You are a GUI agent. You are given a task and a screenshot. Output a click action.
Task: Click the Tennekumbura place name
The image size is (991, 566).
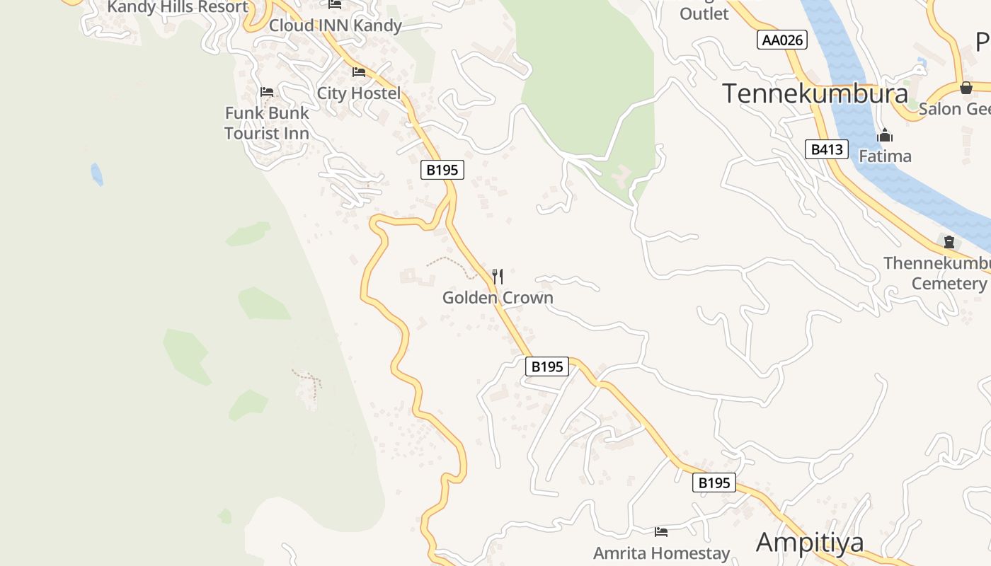[815, 93]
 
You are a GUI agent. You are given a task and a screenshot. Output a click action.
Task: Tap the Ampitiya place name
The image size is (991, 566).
[810, 542]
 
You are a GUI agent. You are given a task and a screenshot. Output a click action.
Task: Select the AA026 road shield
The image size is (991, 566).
[781, 40]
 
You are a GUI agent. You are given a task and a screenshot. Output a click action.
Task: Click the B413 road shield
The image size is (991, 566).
[826, 149]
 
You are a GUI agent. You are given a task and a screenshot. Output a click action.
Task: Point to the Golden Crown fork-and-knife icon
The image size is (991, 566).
[498, 276]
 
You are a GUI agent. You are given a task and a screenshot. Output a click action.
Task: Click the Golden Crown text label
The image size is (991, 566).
[498, 298]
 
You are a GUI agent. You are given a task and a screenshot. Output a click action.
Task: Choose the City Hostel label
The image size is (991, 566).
[358, 93]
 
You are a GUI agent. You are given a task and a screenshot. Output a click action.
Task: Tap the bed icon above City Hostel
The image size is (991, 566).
[359, 72]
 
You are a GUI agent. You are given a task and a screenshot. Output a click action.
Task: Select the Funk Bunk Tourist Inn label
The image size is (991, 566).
[267, 123]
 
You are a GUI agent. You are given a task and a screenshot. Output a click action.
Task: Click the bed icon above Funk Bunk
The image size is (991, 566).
[267, 92]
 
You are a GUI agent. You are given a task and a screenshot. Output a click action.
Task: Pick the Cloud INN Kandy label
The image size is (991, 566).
[336, 26]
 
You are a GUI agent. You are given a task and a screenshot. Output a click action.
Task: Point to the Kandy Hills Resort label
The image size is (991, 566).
[178, 8]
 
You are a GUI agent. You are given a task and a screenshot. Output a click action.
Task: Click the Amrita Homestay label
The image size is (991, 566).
[661, 553]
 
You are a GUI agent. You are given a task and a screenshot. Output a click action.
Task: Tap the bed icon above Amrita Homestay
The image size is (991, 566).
[661, 532]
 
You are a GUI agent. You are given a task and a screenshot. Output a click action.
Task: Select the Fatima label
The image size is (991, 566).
[885, 156]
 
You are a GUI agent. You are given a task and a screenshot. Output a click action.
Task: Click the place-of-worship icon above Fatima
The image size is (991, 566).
[885, 135]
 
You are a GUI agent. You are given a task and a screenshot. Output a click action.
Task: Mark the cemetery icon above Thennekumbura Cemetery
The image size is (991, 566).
[949, 242]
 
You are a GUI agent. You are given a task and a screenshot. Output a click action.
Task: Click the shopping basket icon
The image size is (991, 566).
[966, 88]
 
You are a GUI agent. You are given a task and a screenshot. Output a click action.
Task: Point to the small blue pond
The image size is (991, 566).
[96, 174]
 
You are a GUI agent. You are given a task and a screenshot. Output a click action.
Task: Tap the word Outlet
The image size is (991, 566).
[704, 13]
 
